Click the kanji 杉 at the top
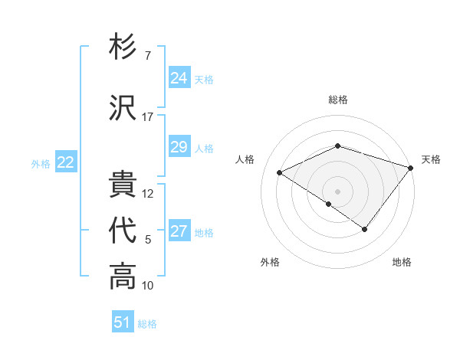[123, 47]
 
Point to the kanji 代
[123, 231]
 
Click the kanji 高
[123, 277]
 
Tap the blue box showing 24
[179, 78]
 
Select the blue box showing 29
[179, 147]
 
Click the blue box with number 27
[179, 232]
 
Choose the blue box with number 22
[65, 162]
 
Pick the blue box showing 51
[123, 323]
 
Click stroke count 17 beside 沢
[147, 117]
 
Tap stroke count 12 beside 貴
[148, 194]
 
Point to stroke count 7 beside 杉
[147, 56]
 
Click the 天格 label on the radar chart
[431, 159]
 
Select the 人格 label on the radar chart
[245, 159]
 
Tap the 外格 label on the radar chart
[270, 262]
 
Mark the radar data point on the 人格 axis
[280, 173]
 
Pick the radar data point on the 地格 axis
[365, 229]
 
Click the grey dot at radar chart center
[337, 191]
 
